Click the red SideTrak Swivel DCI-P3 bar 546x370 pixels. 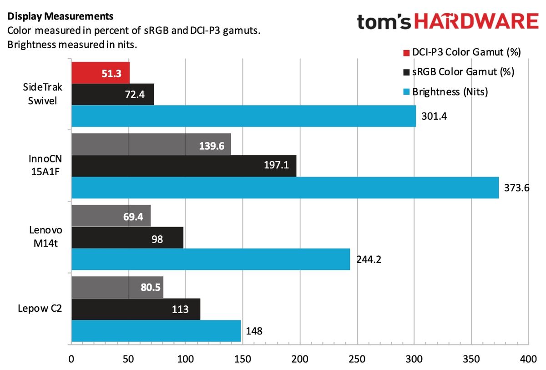[x=100, y=73]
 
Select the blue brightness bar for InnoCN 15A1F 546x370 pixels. [x=285, y=188]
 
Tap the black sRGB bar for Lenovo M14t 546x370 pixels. [x=127, y=238]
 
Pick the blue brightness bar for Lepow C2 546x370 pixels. [x=156, y=330]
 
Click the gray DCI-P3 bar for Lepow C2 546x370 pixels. [x=117, y=288]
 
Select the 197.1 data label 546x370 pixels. [x=276, y=166]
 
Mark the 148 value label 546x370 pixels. [x=254, y=331]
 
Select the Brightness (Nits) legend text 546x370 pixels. [x=450, y=91]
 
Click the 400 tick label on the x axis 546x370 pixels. [x=528, y=359]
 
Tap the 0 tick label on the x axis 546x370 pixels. [x=71, y=359]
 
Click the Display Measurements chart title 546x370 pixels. [x=60, y=17]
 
